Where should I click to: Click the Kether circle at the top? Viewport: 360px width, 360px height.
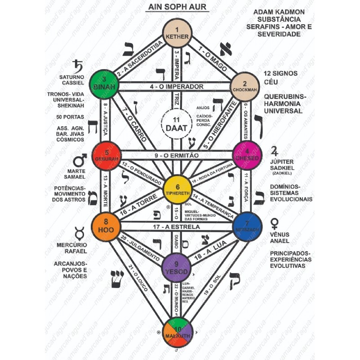click(176, 33)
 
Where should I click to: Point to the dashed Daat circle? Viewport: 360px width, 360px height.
click(176, 122)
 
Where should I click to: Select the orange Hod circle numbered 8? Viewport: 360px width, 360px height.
click(106, 226)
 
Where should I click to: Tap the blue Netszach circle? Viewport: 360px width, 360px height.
click(247, 227)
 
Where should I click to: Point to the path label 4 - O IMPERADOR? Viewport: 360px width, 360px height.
click(176, 86)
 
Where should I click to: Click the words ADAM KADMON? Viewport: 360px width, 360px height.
click(279, 13)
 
